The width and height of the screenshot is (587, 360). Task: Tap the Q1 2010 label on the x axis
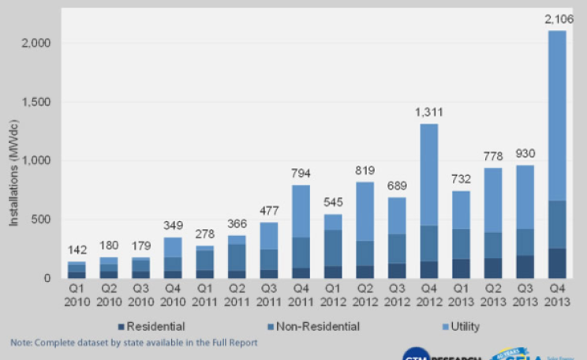[77, 296]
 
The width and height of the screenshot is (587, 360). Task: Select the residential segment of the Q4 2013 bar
[557, 263]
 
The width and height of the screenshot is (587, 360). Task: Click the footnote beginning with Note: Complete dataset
[133, 343]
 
